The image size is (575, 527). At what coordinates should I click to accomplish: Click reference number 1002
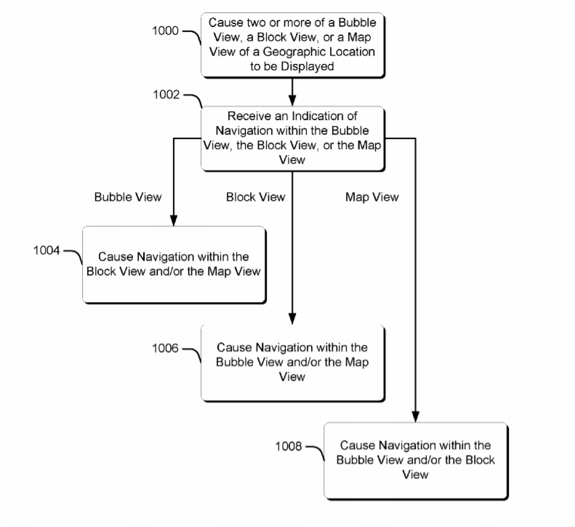pyautogui.click(x=166, y=95)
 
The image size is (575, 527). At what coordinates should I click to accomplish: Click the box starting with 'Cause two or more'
pyautogui.click(x=292, y=44)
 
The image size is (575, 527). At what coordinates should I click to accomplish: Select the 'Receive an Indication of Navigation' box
pyautogui.click(x=292, y=138)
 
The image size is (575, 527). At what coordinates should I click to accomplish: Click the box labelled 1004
pyautogui.click(x=174, y=264)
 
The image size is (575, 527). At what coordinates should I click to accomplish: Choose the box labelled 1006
pyautogui.click(x=292, y=362)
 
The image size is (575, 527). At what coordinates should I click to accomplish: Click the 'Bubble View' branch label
pyautogui.click(x=128, y=197)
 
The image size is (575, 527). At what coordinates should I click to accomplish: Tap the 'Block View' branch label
pyautogui.click(x=256, y=197)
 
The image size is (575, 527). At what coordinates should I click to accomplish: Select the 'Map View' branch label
pyautogui.click(x=372, y=197)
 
